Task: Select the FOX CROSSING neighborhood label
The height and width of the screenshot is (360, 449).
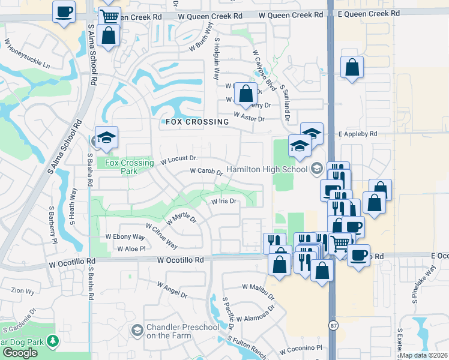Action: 195,122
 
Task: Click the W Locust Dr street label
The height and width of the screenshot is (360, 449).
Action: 179,160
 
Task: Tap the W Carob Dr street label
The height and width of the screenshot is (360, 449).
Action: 206,172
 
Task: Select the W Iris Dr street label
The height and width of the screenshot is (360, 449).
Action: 224,202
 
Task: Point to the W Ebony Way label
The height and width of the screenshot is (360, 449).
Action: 125,237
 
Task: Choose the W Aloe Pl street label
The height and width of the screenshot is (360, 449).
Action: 131,248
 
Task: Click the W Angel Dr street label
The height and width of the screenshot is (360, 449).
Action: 172,290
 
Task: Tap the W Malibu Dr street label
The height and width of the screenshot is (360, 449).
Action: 258,292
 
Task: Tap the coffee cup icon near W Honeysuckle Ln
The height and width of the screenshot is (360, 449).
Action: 64,11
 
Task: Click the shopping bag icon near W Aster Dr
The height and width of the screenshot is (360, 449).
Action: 245,94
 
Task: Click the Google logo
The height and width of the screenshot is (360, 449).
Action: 20,353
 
